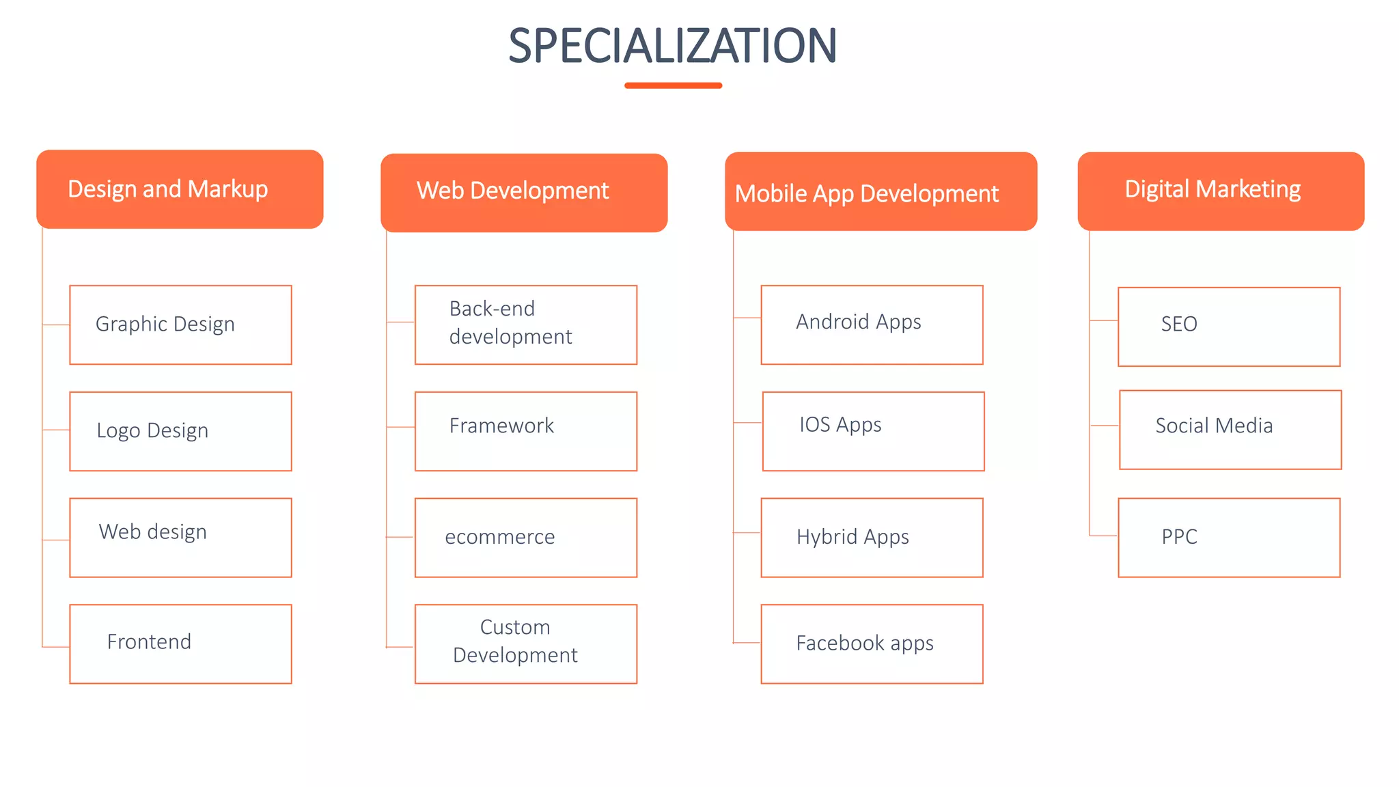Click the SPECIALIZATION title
673,46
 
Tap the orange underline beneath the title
673,85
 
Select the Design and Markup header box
180,189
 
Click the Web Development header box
524,193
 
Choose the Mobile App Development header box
881,191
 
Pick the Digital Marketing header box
1221,191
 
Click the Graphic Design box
180,325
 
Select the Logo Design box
180,431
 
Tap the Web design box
180,538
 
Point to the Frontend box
180,644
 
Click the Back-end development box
526,325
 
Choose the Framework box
526,431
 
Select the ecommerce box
526,538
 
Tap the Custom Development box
526,644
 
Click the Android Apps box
872,325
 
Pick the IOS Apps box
873,431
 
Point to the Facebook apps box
872,644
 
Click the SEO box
1229,327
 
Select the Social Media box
1230,430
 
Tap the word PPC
1179,537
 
